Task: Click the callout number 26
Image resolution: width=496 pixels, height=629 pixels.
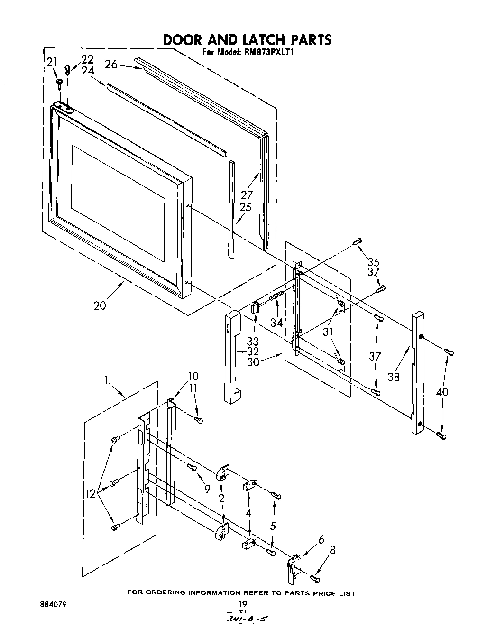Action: pos(111,64)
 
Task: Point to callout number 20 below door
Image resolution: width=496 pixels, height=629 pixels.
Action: pos(100,306)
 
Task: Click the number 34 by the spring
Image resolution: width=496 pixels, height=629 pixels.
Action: pos(276,323)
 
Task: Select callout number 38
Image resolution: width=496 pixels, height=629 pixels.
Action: pos(393,377)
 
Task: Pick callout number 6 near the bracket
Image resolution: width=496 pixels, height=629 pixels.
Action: pos(321,539)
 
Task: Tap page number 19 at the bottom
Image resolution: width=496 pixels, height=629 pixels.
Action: pos(243,604)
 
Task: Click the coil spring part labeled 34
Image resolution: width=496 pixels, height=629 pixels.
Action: pos(277,298)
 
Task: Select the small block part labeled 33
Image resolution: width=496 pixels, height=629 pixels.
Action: pos(255,308)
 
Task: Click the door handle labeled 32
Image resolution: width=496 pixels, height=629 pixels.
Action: pos(233,356)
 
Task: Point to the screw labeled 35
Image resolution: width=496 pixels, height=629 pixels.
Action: pos(357,242)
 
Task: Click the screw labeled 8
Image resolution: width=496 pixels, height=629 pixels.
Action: pos(315,578)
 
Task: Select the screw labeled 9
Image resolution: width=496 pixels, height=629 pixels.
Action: pos(191,467)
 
